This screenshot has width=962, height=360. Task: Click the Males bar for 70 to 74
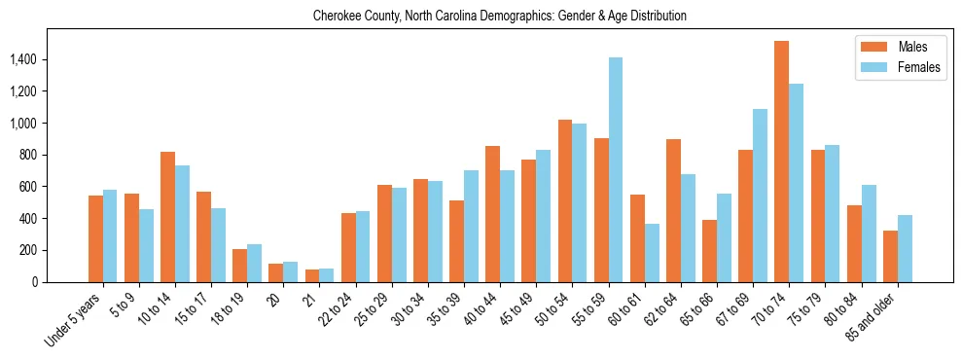pyautogui.click(x=782, y=162)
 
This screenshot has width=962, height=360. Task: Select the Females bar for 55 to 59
pyautogui.click(x=616, y=169)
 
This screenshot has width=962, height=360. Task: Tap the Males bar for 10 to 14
pyautogui.click(x=168, y=217)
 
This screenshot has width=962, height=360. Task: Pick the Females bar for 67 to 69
pyautogui.click(x=760, y=196)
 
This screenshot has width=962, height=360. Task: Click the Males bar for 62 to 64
pyautogui.click(x=673, y=210)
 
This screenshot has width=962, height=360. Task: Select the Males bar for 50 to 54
pyautogui.click(x=565, y=200)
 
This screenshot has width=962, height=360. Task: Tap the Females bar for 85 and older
pyautogui.click(x=905, y=248)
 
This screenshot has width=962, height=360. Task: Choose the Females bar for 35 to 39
pyautogui.click(x=471, y=226)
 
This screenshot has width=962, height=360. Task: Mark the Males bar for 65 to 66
pyautogui.click(x=709, y=251)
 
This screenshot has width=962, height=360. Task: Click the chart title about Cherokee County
pyautogui.click(x=500, y=17)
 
